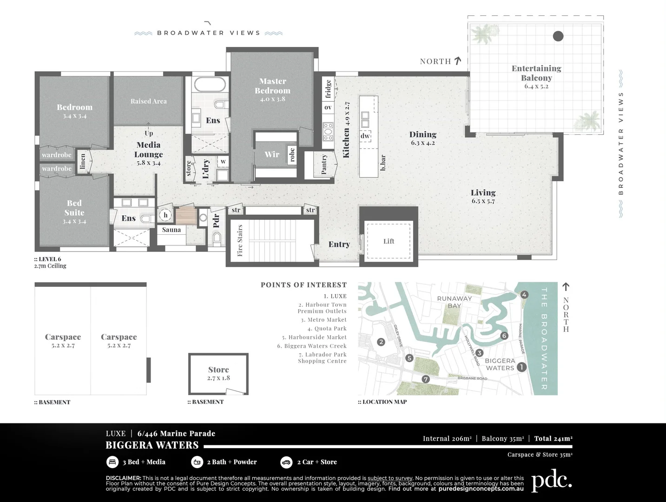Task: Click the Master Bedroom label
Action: click(x=272, y=86)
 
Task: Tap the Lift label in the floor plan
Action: click(x=389, y=241)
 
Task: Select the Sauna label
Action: click(x=171, y=230)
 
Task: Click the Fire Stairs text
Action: click(x=240, y=240)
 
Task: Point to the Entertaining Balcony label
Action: click(x=536, y=73)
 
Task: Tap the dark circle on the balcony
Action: click(x=558, y=36)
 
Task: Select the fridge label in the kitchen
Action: click(x=328, y=89)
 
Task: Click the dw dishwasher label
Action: click(x=365, y=136)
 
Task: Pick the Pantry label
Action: click(x=324, y=165)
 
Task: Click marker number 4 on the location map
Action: click(x=524, y=295)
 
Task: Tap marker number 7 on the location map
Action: click(x=425, y=379)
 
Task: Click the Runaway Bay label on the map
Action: click(x=454, y=302)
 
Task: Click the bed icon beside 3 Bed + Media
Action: click(x=112, y=462)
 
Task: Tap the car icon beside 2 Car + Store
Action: click(x=286, y=462)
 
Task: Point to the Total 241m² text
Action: click(x=553, y=438)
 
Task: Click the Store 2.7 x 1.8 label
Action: click(x=218, y=373)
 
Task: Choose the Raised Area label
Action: click(x=148, y=101)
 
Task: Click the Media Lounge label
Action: click(x=148, y=150)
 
